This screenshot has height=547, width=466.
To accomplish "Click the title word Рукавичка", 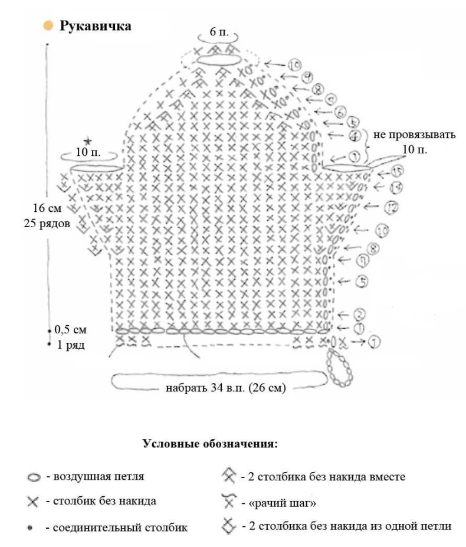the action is coord(95,26).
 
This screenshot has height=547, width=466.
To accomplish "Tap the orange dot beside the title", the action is coord(48,26).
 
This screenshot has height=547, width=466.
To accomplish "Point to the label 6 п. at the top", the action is coord(219,32).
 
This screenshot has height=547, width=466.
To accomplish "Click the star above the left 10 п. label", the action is coord(87,141).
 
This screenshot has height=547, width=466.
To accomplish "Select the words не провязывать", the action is coord(414,135).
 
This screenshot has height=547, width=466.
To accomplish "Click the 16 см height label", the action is coord(47,208).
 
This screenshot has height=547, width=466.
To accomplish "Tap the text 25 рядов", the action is coord(47,224).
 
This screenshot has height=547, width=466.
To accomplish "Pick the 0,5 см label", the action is coord(71,330).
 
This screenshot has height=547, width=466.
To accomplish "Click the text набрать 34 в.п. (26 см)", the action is coord(226,388).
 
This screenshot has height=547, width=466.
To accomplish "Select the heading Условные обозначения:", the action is coord(211,444).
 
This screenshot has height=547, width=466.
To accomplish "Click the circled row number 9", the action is coord(306,77).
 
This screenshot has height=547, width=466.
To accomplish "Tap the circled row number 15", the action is coord(397,171).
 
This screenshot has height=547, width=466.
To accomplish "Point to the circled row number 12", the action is coord(391,208).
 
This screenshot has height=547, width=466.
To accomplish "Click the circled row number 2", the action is coord(359,315).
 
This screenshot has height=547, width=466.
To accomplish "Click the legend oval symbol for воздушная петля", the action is coord(34,477).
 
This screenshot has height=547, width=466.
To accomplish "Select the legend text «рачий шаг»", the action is coord(278,503).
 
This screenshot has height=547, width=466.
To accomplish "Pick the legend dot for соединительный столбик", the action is coord(30,528).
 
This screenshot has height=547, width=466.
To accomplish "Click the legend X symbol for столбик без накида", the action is coord(33,502).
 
